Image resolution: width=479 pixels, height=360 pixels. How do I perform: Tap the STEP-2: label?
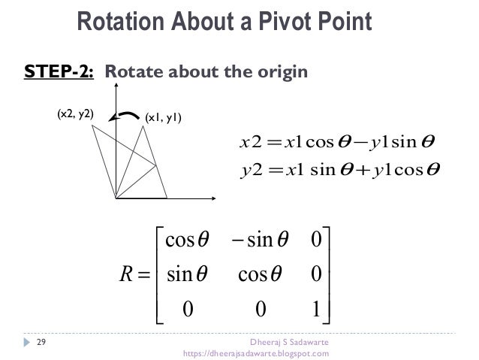(x=60, y=73)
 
